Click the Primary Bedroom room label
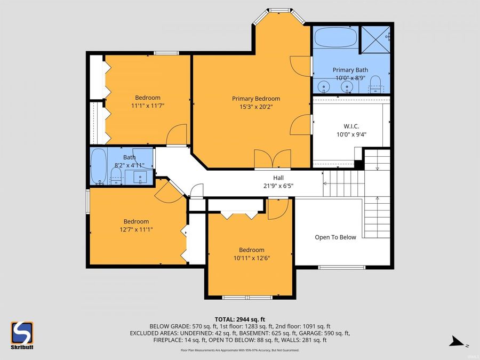click(x=255, y=98)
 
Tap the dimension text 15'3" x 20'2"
click(x=255, y=107)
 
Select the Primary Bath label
click(x=350, y=70)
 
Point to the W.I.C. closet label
click(x=351, y=126)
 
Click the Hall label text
click(x=278, y=178)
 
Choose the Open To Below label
click(x=335, y=237)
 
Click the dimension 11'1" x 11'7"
click(x=147, y=106)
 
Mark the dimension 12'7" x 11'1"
click(x=136, y=229)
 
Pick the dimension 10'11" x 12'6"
click(x=251, y=258)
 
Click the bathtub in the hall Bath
click(x=98, y=166)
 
